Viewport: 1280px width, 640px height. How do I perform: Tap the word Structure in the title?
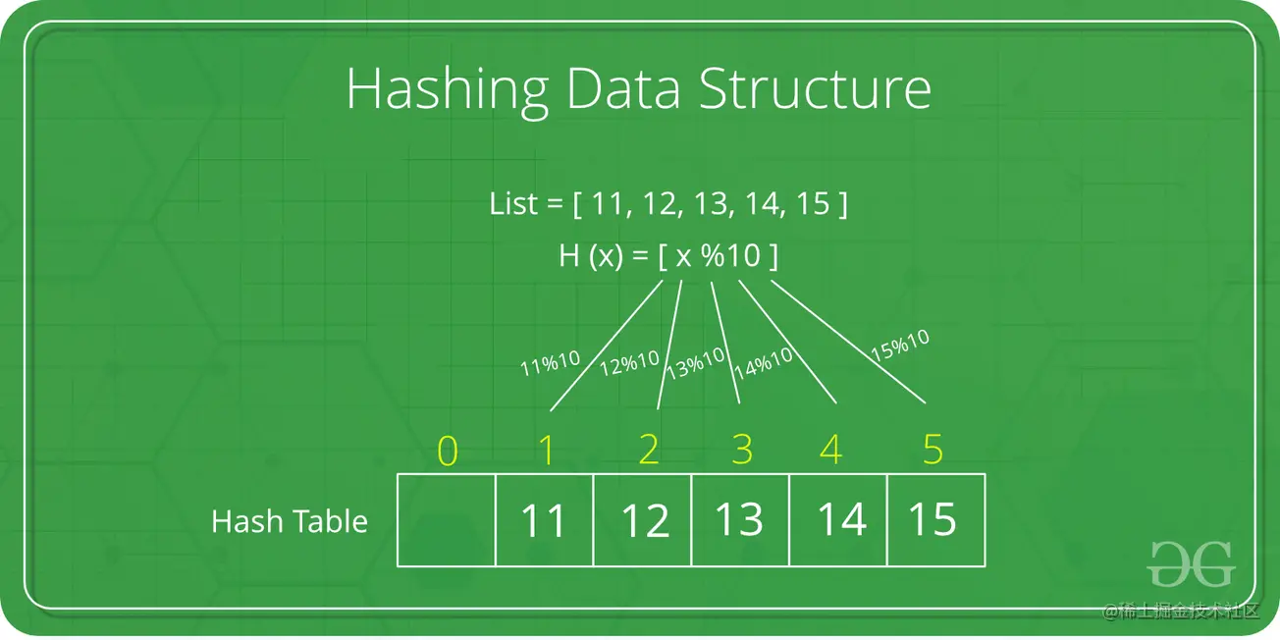(x=815, y=89)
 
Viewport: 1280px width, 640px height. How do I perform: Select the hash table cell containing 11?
(x=545, y=520)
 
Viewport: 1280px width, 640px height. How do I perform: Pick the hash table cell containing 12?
(x=643, y=520)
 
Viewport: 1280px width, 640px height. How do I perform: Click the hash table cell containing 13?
(x=740, y=520)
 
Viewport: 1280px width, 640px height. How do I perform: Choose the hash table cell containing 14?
(x=838, y=520)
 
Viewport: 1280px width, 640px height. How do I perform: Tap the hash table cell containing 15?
(x=936, y=520)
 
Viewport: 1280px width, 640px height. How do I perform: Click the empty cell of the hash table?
(x=447, y=520)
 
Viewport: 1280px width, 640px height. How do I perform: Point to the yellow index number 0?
(x=448, y=451)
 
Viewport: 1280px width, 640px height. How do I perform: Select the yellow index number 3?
(x=742, y=450)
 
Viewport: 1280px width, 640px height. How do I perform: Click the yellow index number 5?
(x=933, y=450)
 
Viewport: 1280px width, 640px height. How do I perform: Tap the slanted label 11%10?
(x=551, y=363)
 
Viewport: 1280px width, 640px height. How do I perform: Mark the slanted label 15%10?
(x=900, y=346)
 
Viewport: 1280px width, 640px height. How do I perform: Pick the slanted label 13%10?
(x=696, y=363)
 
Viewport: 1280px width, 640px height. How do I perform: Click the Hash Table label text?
(x=290, y=521)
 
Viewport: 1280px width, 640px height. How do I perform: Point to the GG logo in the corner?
(x=1192, y=564)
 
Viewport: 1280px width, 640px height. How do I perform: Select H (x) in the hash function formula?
(x=591, y=255)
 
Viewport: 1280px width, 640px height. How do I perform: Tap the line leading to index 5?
(x=848, y=342)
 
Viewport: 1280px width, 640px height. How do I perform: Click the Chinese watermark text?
(x=1181, y=611)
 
